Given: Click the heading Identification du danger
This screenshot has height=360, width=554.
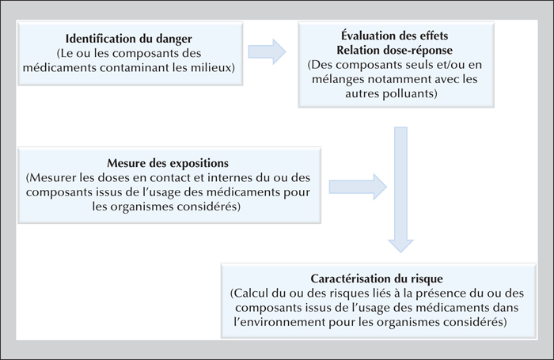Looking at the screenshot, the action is tap(128, 39).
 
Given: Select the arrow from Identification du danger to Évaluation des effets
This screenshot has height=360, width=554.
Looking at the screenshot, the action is tap(267, 52).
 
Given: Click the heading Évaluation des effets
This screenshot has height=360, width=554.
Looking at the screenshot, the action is tap(395, 36).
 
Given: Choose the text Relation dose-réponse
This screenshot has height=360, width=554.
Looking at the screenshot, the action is tap(395, 50).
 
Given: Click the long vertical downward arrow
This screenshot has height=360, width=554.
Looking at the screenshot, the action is tap(400, 190).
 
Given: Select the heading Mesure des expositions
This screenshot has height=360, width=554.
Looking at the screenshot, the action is tap(168, 163).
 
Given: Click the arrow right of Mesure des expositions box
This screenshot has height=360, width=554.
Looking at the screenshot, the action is tap(358, 187).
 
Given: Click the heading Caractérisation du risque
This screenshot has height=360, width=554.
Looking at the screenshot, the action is tap(377, 279).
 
